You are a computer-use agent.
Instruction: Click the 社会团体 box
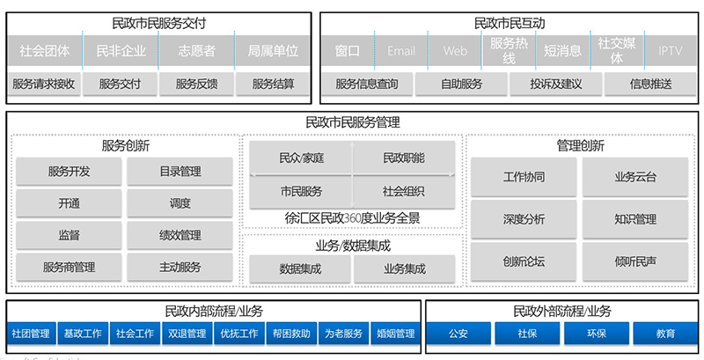44,51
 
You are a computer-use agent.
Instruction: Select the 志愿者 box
196,51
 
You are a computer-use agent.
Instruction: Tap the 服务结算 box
273,84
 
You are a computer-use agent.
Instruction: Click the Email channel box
401,51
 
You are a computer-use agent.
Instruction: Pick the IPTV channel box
671,51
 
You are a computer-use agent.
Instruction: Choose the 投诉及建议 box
555,84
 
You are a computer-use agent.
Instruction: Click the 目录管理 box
180,172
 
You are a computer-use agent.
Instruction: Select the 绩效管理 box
180,235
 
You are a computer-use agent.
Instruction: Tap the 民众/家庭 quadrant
301,158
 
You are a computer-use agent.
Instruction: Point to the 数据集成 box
301,268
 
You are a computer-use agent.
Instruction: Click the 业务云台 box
635,177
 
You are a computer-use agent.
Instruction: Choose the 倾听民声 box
635,261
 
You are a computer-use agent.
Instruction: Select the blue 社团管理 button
30,334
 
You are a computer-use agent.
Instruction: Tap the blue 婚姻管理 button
395,334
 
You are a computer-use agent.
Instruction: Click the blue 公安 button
458,334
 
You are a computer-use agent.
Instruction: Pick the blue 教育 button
665,334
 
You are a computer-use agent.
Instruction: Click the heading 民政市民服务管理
352,122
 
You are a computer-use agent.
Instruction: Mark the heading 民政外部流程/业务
562,311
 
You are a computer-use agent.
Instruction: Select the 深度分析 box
524,219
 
